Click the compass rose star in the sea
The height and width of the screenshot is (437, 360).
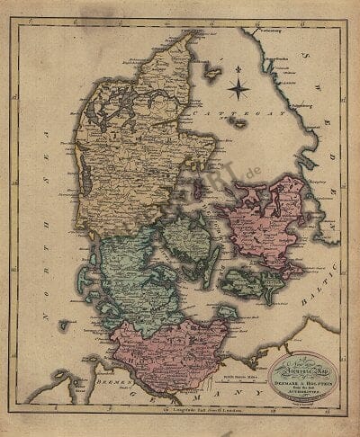point(238,88)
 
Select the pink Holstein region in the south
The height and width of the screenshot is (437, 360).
point(162,346)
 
